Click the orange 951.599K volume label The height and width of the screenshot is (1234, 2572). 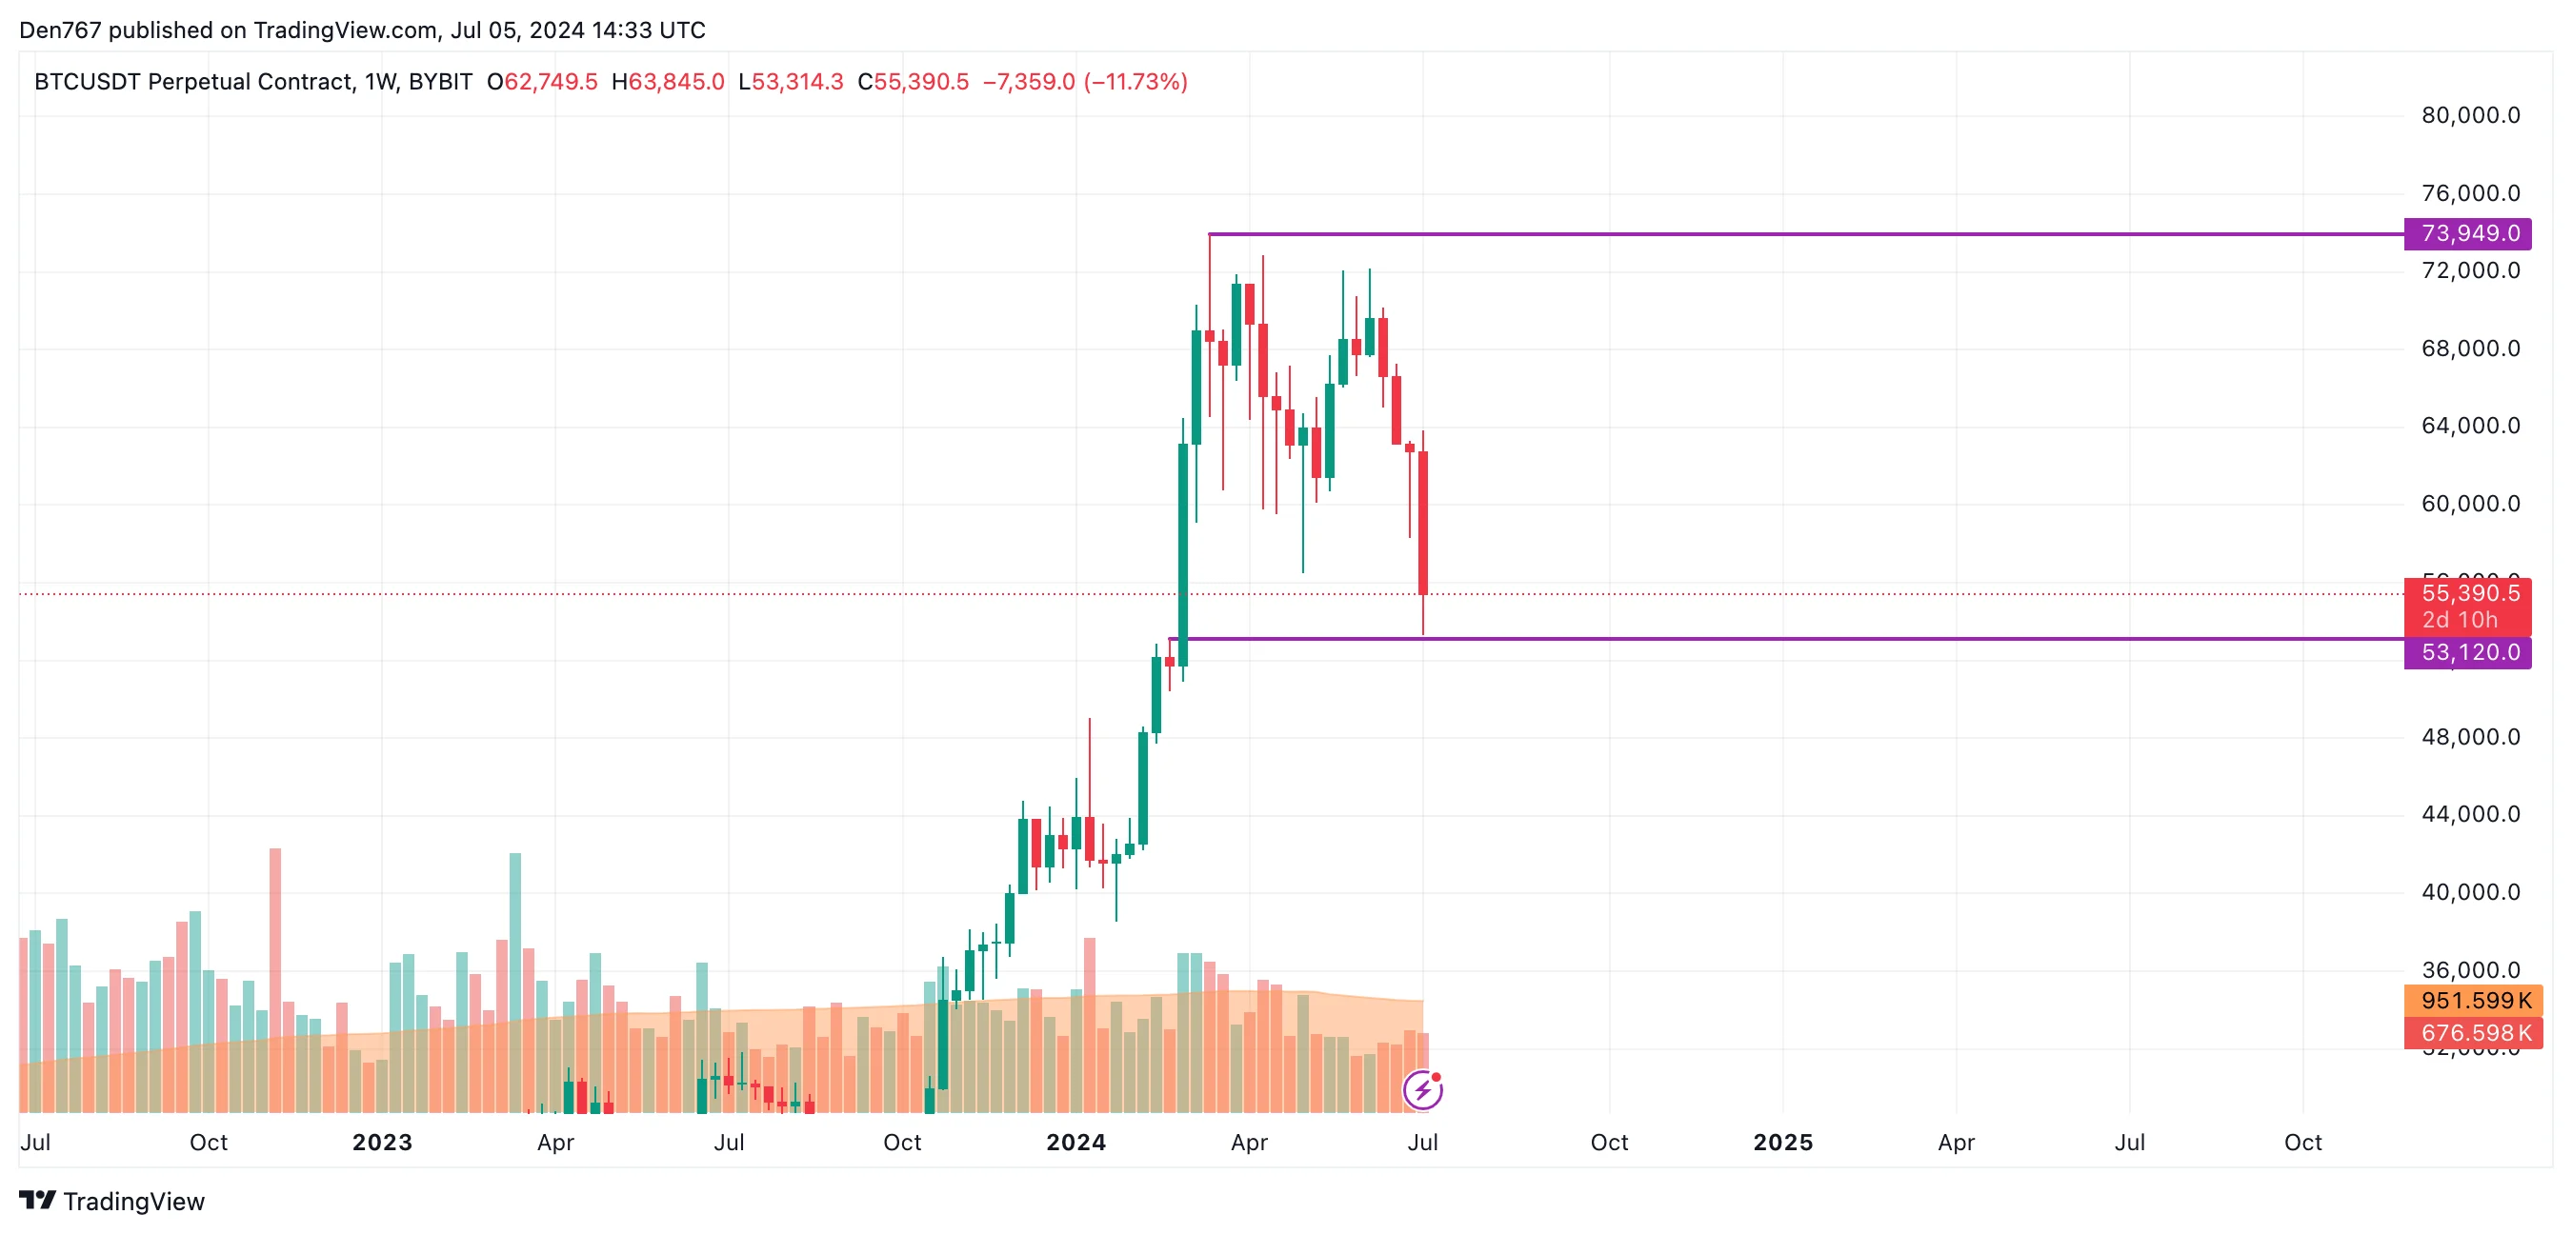coord(2474,1001)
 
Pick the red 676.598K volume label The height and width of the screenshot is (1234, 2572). coord(2474,1032)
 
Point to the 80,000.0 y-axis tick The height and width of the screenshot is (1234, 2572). coord(2470,116)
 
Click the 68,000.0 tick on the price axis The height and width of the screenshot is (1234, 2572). coord(2470,348)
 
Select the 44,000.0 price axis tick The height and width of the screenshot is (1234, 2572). coord(2470,815)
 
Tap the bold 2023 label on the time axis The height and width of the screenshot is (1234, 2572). coord(381,1143)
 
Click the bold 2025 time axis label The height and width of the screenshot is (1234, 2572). coord(1782,1143)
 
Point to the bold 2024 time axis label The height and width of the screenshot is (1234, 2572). coord(1075,1143)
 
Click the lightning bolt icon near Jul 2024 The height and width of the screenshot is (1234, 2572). coord(1422,1090)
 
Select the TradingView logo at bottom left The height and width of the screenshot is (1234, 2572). coord(111,1201)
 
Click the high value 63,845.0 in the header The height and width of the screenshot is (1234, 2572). coord(676,82)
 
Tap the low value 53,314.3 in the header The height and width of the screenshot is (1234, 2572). coord(796,82)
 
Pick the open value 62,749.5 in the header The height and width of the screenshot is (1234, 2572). coord(551,82)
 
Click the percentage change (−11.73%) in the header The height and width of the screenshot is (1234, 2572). coord(1135,82)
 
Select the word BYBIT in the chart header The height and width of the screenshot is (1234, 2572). coord(440,82)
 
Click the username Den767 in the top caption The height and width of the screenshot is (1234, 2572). coord(60,30)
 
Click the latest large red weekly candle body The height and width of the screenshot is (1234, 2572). coord(1423,521)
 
